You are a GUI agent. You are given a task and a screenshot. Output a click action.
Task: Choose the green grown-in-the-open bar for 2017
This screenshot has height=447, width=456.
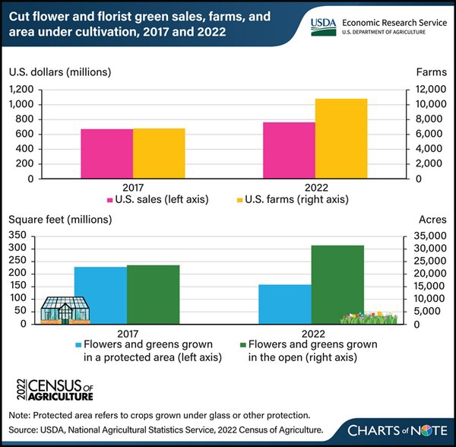(153, 293)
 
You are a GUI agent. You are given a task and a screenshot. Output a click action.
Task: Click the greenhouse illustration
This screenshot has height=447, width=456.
(65, 309)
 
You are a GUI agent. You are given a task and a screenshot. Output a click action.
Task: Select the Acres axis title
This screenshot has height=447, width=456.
(432, 220)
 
